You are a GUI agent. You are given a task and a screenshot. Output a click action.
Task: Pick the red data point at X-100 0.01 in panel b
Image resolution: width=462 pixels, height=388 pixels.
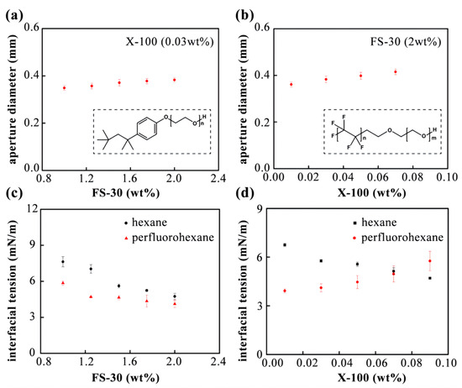[x=291, y=84]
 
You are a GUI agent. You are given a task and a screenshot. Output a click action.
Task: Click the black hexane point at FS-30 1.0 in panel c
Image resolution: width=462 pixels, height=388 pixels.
[x=62, y=262]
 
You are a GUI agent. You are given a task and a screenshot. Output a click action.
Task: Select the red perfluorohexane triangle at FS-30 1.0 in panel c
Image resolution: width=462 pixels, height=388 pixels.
[x=62, y=283]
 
